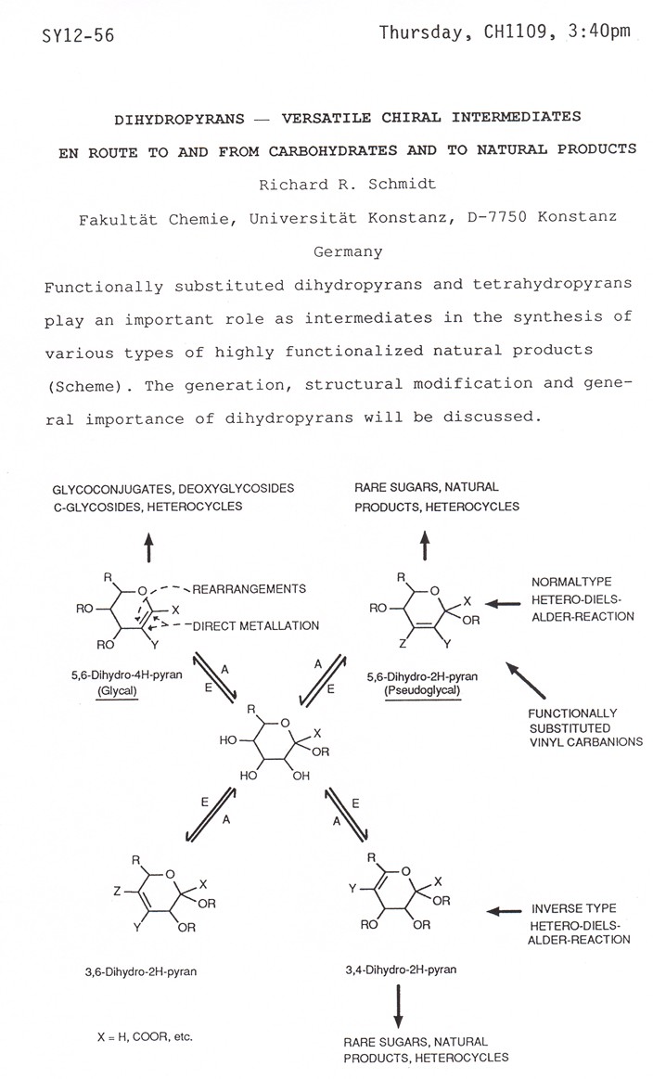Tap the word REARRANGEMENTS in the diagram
tap(248, 588)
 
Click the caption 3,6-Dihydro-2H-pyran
tap(139, 972)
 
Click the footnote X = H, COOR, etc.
tap(135, 1036)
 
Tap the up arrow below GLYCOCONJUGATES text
tap(147, 550)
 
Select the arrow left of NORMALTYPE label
tap(493, 604)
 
